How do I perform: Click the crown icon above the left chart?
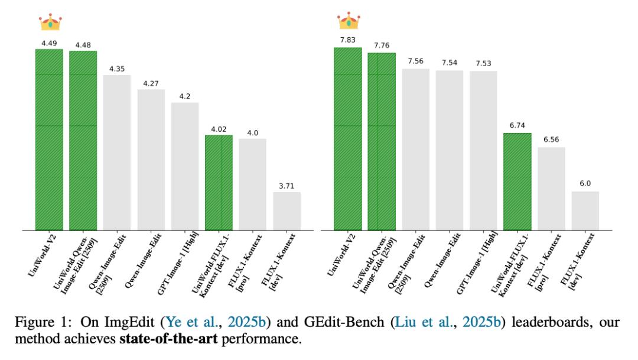pyautogui.click(x=50, y=21)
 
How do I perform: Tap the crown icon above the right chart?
pyautogui.click(x=349, y=21)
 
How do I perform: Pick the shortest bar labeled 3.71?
pyautogui.click(x=287, y=211)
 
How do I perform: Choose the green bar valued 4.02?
pyautogui.click(x=219, y=183)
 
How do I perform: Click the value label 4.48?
pyautogui.click(x=83, y=45)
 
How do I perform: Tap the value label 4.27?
pyautogui.click(x=151, y=83)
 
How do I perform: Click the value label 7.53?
pyautogui.click(x=483, y=64)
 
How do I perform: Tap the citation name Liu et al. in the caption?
pyautogui.click(x=437, y=323)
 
